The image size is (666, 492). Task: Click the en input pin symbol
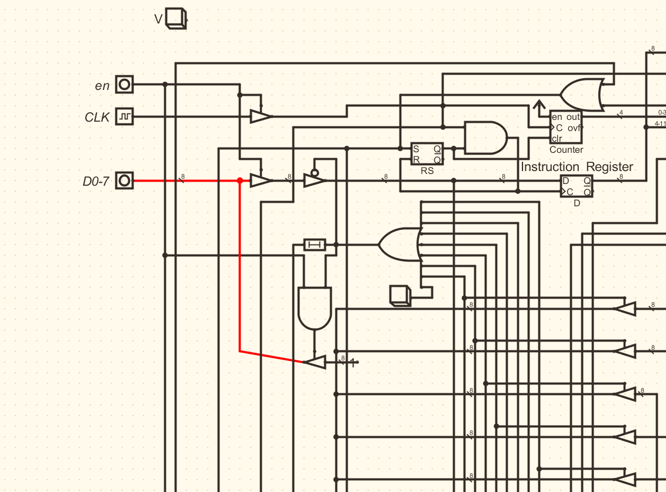[x=124, y=85]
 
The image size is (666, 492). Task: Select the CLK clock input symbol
[x=124, y=117]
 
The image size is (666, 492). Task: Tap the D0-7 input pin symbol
[x=124, y=180]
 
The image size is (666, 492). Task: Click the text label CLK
[x=97, y=118]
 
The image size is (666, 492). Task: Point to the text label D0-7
[x=96, y=181]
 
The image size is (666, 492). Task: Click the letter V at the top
[x=158, y=19]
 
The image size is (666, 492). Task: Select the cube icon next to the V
[x=176, y=19]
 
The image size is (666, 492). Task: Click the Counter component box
[x=565, y=128]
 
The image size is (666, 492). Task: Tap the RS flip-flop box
[x=427, y=155]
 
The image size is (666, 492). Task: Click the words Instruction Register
[x=577, y=167]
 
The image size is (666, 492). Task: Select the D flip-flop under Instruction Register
[x=577, y=186]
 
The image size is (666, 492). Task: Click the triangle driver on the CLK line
[x=260, y=116]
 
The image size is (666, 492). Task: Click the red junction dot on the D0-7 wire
[x=239, y=180]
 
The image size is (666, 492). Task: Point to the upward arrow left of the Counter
[x=538, y=106]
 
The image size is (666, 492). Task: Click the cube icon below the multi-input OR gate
[x=400, y=295]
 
